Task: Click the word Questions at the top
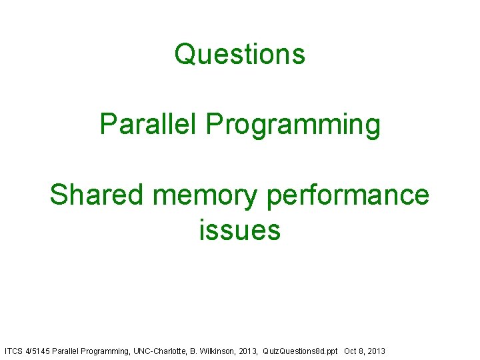(x=240, y=54)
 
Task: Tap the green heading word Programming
(x=293, y=125)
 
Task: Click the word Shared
(x=97, y=195)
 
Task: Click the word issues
(x=239, y=231)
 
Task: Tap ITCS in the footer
(x=13, y=351)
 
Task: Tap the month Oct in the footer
(x=351, y=351)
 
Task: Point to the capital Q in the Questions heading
(x=183, y=54)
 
